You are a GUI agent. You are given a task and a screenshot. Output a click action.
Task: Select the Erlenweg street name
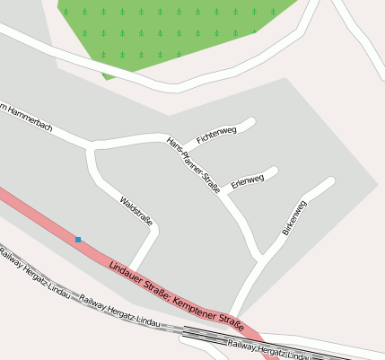pos(247,181)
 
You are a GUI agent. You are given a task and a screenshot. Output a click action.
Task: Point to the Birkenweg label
pos(294,218)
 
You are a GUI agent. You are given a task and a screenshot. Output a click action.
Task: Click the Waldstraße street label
pos(136,209)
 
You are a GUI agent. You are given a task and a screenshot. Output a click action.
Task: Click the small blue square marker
pos(78,239)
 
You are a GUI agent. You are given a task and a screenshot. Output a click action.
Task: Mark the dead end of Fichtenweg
pos(253,120)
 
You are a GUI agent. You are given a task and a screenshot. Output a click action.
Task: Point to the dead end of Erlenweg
pos(275,170)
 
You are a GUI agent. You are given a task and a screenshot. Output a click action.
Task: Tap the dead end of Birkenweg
pos(331,182)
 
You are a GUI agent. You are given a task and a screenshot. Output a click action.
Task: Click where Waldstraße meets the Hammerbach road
pos(90,146)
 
